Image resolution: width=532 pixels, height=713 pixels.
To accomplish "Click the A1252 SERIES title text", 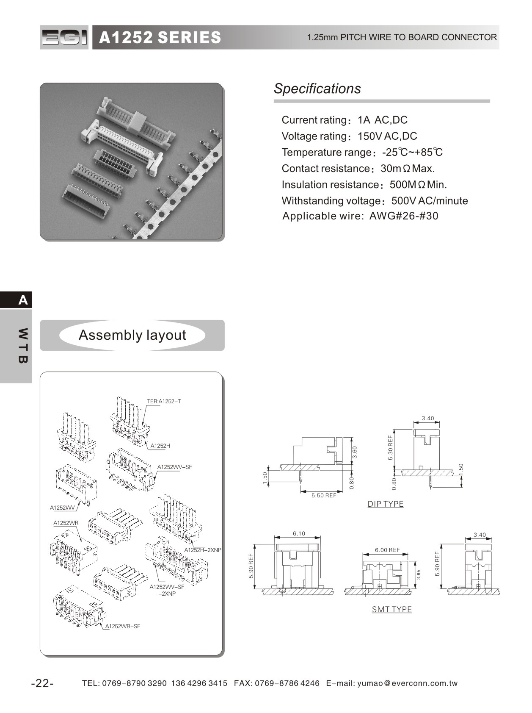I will (x=160, y=38).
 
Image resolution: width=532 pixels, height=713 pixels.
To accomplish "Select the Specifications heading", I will (x=317, y=89).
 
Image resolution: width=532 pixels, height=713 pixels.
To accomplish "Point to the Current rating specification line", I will (x=344, y=120).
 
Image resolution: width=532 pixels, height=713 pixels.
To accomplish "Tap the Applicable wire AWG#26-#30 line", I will (x=360, y=216).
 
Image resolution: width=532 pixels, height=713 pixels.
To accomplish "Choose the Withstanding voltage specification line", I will (x=375, y=201).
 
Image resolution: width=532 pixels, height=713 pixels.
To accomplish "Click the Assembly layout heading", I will (x=132, y=335).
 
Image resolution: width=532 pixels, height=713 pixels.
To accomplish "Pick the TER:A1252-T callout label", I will (x=164, y=401).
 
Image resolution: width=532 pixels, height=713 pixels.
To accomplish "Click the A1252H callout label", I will (x=160, y=446).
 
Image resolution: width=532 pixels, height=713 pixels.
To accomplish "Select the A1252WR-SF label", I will (x=123, y=626).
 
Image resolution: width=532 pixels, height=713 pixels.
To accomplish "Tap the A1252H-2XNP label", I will (x=203, y=550).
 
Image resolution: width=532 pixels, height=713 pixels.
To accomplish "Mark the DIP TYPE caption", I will (x=386, y=504).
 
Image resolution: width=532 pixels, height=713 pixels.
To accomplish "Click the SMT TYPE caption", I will (x=392, y=609).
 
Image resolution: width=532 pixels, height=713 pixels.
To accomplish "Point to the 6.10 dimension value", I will (x=299, y=534).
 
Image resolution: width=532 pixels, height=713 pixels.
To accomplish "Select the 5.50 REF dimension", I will (x=324, y=495).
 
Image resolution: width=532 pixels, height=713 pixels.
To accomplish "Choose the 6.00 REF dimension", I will (x=387, y=550).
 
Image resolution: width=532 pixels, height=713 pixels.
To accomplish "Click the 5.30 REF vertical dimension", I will (x=390, y=448).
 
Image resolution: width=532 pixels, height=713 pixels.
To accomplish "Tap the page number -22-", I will (x=42, y=683).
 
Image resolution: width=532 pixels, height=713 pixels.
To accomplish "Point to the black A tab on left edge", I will (x=23, y=300).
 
